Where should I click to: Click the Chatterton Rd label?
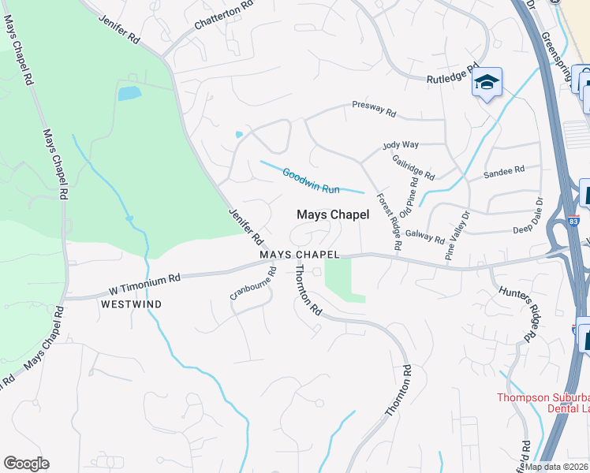pos(225,17)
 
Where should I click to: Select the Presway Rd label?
pos(374,109)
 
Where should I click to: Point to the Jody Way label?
pos(401,145)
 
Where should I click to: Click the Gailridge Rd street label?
pos(413,166)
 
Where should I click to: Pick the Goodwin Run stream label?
pos(311,180)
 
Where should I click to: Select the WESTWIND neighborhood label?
pos(131,304)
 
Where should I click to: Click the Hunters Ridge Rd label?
pos(521,313)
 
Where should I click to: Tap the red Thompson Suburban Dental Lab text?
pos(543,403)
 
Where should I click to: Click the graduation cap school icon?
pos(487,82)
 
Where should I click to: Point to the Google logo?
pos(26,464)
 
